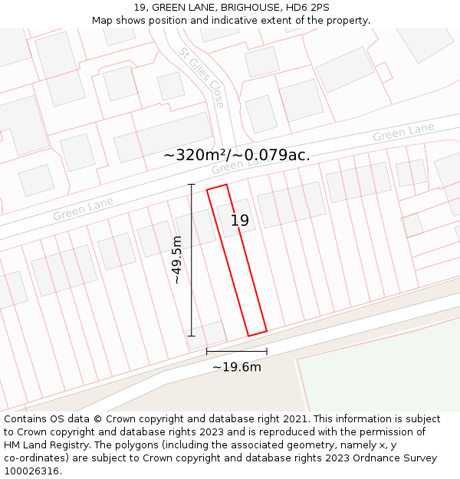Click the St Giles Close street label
click(x=202, y=77)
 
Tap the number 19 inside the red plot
click(x=240, y=221)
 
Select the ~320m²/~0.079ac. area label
click(x=237, y=155)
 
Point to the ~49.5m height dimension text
click(x=177, y=260)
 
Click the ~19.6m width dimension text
click(x=237, y=367)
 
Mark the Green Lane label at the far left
click(x=83, y=208)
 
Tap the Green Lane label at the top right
click(x=403, y=132)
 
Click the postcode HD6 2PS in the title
click(x=306, y=7)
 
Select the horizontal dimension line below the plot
click(x=237, y=351)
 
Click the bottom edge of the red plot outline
click(x=257, y=333)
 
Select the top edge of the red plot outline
click(x=217, y=187)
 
